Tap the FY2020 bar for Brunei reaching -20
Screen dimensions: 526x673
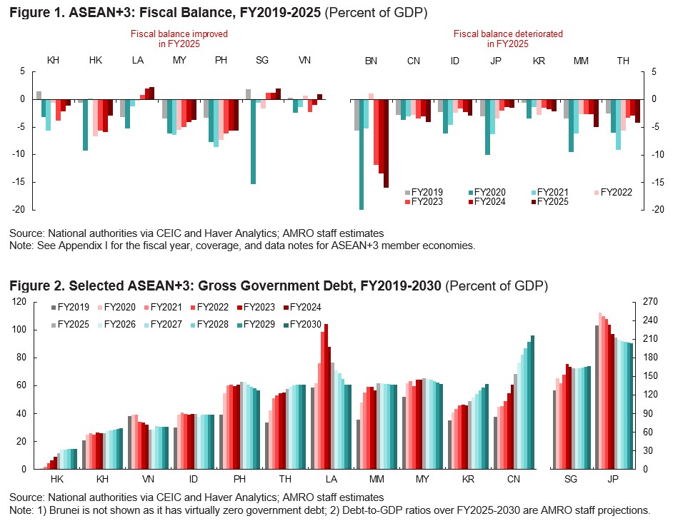coord(362,154)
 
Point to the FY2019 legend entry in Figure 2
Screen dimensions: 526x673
coord(70,308)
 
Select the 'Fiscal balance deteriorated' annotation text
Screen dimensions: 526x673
coord(498,34)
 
